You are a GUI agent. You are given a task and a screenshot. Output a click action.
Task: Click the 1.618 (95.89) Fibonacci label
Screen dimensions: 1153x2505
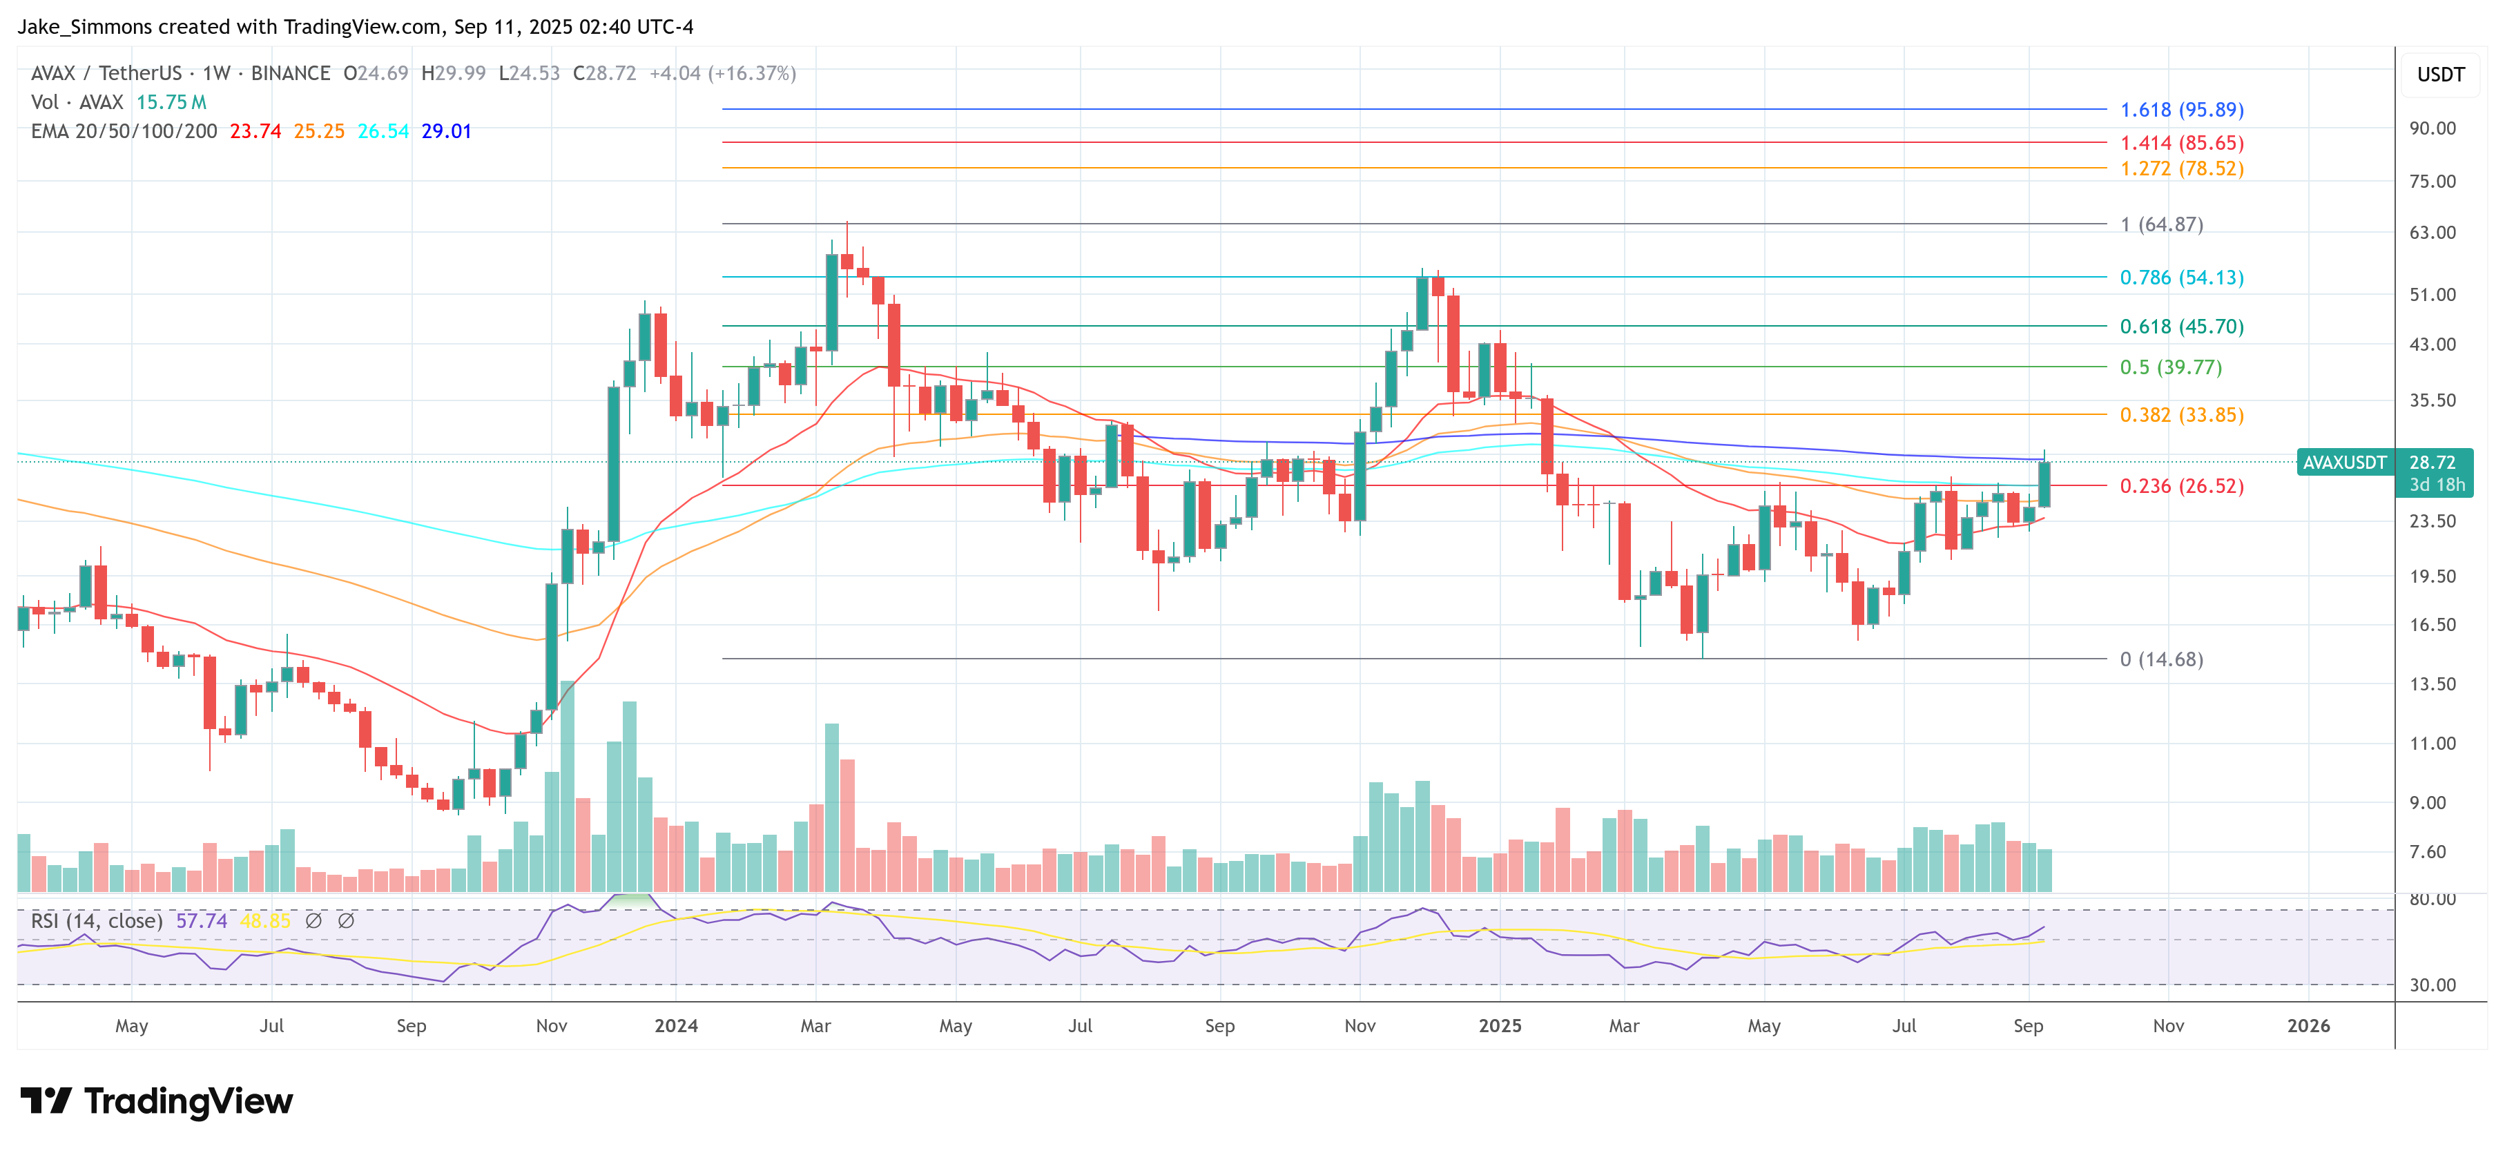click(2181, 110)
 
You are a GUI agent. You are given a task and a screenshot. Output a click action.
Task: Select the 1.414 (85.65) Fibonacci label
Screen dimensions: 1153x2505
click(2181, 143)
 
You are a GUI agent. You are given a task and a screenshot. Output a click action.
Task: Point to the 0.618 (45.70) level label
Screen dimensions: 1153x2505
click(2181, 327)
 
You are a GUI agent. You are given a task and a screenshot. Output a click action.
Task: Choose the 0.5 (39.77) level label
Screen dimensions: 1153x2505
click(2171, 367)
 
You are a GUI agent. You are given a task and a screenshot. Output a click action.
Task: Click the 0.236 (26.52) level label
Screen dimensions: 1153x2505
click(2181, 486)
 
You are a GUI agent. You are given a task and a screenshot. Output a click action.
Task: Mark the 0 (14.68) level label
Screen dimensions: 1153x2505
click(2160, 659)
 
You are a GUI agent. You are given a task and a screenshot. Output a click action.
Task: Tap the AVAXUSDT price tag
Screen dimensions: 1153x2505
click(2343, 463)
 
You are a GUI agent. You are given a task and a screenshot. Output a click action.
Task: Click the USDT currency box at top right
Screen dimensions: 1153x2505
click(2440, 75)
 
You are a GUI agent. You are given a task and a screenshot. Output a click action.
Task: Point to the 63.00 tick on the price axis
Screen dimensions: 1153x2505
click(2432, 233)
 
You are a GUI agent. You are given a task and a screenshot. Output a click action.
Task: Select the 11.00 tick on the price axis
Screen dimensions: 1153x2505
click(2432, 744)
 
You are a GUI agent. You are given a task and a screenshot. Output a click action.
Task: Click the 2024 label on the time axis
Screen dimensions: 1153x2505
click(676, 1026)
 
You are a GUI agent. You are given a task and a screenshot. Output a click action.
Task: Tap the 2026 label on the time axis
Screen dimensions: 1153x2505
click(2308, 1026)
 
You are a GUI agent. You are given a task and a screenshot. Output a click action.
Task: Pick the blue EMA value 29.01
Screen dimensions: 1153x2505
click(446, 131)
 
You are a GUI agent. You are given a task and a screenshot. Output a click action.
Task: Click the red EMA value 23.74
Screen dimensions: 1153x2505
click(255, 131)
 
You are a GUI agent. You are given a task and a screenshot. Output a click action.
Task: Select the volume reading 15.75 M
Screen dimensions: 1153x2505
click(171, 102)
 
